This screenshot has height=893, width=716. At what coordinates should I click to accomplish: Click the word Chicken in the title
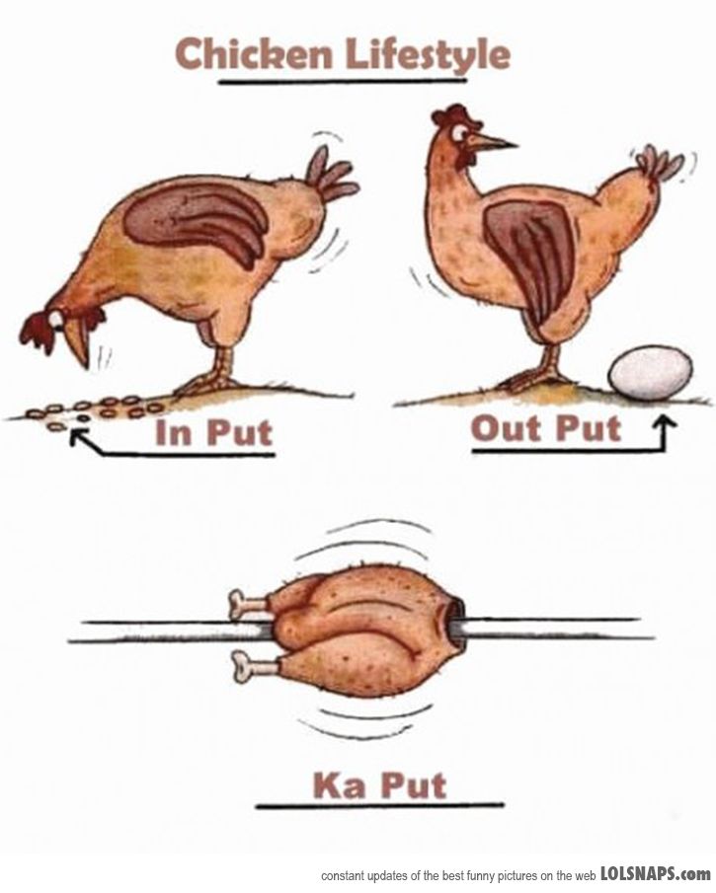(x=254, y=54)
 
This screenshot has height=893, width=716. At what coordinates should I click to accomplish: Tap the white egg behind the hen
(x=651, y=373)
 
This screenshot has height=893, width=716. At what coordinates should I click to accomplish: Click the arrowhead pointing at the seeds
(x=78, y=437)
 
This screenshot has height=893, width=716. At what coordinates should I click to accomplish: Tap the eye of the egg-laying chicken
(x=459, y=133)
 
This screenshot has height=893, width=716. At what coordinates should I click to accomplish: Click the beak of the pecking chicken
(x=78, y=343)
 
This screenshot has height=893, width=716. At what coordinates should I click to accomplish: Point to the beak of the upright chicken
(x=492, y=142)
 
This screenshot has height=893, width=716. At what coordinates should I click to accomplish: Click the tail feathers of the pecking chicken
(x=331, y=175)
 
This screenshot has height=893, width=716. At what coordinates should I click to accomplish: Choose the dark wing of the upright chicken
(x=529, y=254)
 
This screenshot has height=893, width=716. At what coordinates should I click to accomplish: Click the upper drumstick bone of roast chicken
(x=248, y=604)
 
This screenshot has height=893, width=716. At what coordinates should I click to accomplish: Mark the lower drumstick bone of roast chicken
(x=255, y=665)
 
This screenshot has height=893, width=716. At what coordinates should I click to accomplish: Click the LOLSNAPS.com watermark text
(x=656, y=874)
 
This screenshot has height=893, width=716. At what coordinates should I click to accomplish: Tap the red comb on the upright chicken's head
(x=454, y=115)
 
